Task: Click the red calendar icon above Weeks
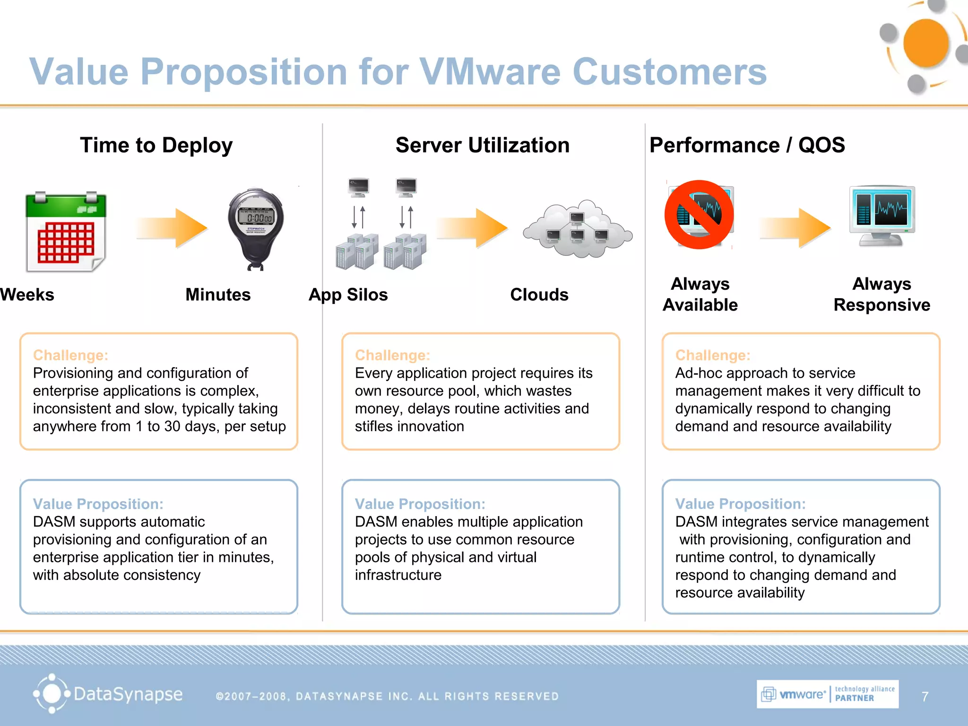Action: coord(66,232)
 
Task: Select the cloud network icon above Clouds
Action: coord(578,229)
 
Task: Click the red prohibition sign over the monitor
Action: coord(699,215)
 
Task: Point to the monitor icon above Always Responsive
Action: coord(882,216)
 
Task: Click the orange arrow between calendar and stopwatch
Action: coord(173,228)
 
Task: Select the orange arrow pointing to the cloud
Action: coord(473,228)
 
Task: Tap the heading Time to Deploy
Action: coord(156,145)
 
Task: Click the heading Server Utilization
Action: coord(483,145)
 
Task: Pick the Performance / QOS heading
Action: coord(747,145)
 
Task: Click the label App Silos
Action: coord(348,294)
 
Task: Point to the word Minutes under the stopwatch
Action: coord(218,294)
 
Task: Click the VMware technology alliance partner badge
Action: coord(827,694)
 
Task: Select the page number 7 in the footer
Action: coord(925,697)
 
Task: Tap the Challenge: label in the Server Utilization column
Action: coord(392,355)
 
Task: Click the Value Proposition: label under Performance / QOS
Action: coord(740,504)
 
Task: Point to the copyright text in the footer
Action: coord(387,696)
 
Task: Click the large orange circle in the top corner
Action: coord(925,43)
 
